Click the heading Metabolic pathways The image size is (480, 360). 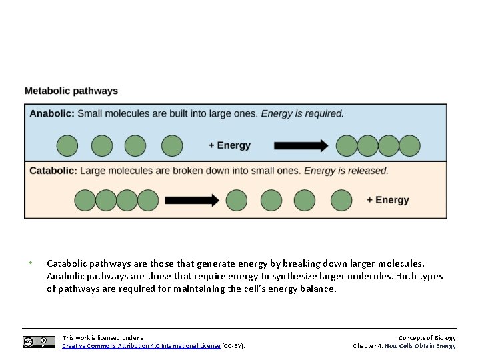[x=71, y=91]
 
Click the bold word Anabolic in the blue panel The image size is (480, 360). [x=51, y=113]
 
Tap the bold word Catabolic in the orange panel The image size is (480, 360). [x=53, y=171]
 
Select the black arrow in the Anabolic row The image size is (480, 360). [x=301, y=145]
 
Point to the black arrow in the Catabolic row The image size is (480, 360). [x=192, y=200]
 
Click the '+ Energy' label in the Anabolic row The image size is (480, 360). [x=229, y=145]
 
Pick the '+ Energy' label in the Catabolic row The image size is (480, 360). [x=388, y=200]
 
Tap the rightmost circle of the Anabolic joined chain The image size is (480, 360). [x=410, y=145]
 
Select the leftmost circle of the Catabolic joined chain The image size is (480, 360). [x=85, y=200]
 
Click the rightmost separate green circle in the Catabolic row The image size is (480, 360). [x=341, y=200]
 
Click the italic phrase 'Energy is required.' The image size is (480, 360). [x=303, y=113]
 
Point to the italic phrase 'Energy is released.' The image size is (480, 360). [x=346, y=171]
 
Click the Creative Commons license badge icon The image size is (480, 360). [x=39, y=342]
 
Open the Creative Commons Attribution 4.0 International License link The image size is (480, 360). [x=141, y=346]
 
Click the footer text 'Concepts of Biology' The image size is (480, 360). [x=427, y=338]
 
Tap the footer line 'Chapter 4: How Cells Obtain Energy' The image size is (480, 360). [x=404, y=346]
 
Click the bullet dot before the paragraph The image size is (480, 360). [x=30, y=263]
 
